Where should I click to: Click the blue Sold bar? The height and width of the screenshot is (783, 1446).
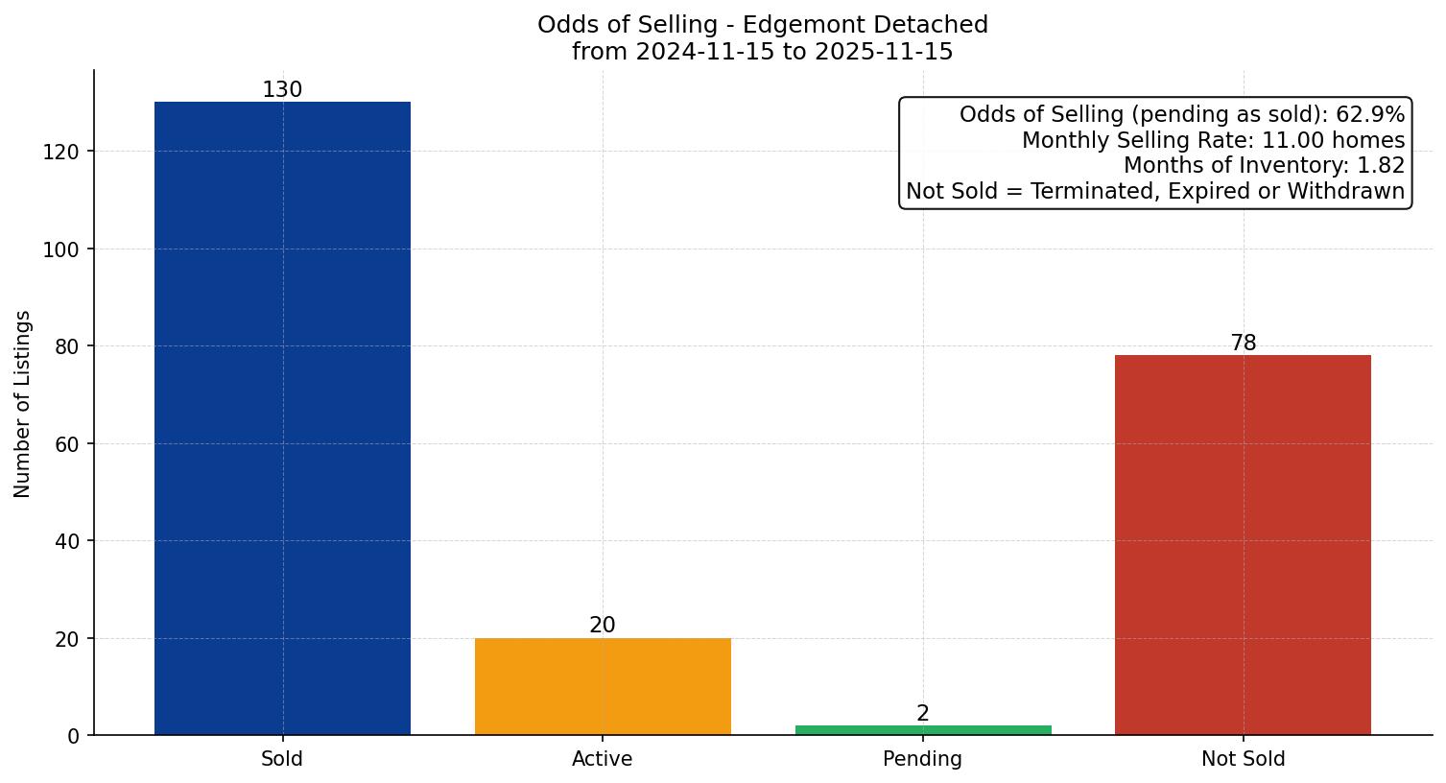(282, 418)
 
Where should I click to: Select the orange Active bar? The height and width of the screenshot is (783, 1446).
(603, 686)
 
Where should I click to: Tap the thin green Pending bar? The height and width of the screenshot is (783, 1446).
(923, 730)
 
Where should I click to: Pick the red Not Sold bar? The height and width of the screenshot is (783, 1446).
(1243, 545)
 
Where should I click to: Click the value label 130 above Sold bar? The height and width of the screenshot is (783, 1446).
(282, 90)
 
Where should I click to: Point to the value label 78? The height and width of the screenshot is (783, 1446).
(1244, 344)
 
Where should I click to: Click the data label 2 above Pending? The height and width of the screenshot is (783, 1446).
(923, 714)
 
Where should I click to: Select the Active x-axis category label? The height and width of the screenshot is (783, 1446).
(603, 759)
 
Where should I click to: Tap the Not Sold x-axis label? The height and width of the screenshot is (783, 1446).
(1243, 759)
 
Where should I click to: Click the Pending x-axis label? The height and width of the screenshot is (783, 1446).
(922, 759)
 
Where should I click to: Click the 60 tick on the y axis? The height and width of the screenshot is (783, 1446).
(67, 444)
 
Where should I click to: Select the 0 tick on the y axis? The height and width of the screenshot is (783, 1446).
(74, 736)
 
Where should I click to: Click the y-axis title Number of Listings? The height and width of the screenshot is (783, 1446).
(23, 403)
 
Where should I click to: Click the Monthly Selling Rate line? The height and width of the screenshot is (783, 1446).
(1213, 141)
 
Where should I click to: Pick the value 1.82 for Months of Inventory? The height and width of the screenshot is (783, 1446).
(1381, 166)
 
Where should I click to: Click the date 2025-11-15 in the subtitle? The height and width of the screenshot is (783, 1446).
(884, 52)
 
